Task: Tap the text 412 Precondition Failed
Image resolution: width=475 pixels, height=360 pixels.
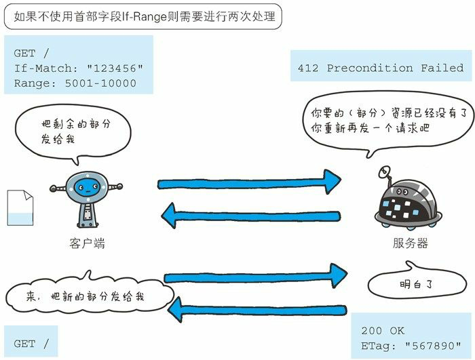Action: (x=381, y=68)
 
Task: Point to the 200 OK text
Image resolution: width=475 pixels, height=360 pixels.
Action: (x=383, y=331)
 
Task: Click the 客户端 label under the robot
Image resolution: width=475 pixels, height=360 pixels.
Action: (x=87, y=243)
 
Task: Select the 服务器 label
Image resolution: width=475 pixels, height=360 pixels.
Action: (x=410, y=243)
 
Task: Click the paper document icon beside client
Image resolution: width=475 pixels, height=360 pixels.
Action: (x=19, y=207)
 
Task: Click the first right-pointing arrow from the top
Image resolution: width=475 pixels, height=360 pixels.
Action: (x=248, y=182)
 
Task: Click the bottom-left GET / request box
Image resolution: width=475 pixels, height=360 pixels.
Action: (x=31, y=344)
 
